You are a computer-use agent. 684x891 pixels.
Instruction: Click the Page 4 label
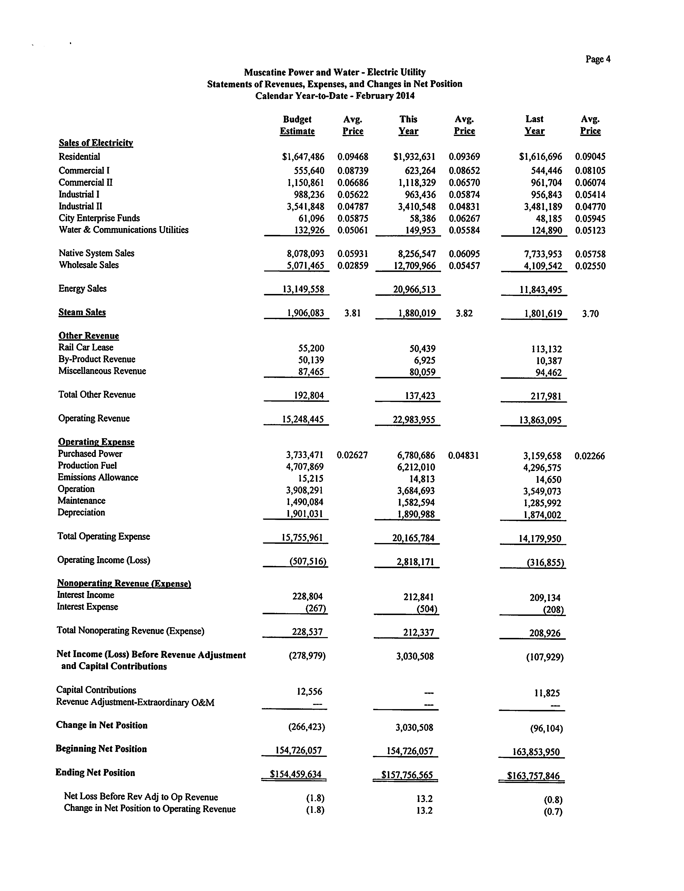point(598,59)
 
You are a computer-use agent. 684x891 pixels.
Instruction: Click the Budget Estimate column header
point(297,125)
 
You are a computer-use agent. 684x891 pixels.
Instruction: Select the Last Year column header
point(534,125)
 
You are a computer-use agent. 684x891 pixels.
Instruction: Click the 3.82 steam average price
point(464,313)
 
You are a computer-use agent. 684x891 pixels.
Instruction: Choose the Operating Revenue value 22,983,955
point(414,420)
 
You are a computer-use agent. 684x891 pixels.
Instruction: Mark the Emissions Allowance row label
point(98,477)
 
